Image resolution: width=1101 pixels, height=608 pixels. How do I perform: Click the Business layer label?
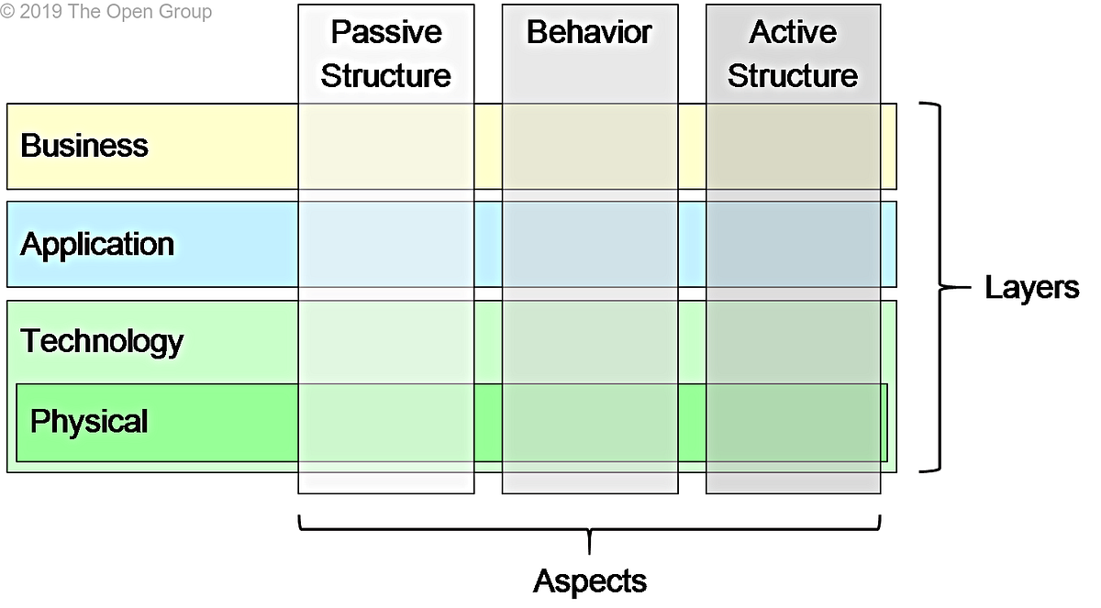(x=84, y=146)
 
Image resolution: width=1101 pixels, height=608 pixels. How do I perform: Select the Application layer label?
(x=97, y=244)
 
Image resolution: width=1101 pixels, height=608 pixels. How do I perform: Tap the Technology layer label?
(x=102, y=341)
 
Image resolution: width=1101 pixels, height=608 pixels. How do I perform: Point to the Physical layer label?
(x=89, y=422)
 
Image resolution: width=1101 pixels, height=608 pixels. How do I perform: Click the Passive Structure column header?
(x=385, y=54)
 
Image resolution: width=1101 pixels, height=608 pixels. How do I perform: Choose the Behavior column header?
(x=589, y=33)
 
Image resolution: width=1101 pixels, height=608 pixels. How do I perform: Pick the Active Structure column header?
(x=793, y=54)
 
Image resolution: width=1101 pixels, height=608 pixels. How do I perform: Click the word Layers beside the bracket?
(x=1031, y=288)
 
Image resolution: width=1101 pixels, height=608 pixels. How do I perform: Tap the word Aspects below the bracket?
(x=590, y=580)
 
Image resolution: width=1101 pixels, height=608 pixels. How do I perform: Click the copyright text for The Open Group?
(x=106, y=12)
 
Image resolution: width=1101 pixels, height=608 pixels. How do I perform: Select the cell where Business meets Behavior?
(x=590, y=147)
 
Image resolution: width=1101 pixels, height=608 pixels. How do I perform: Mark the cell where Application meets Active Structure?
(x=794, y=245)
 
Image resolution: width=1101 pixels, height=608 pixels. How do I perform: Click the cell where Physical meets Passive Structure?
(x=386, y=423)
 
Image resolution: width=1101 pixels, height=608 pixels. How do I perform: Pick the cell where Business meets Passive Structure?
(x=386, y=147)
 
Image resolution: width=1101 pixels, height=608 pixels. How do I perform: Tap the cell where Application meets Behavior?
(x=590, y=245)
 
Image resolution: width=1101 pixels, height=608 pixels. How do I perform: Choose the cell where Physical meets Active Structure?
(x=794, y=423)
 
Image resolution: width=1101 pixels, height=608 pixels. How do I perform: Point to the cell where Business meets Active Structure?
(x=794, y=147)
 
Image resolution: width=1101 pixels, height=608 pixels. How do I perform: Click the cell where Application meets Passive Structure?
(x=386, y=245)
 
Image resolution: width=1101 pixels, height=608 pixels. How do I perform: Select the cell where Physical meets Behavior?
(x=590, y=423)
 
